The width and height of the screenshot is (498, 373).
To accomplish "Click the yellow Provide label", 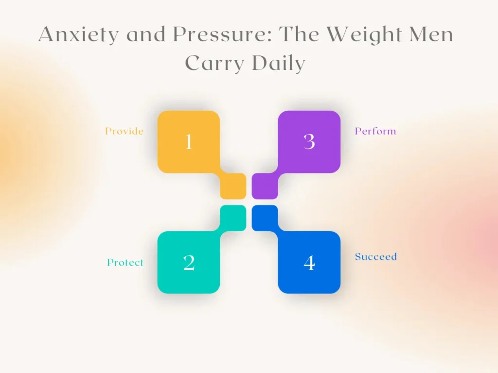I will click(124, 131).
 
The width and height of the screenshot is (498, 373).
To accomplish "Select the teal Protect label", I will click(125, 262).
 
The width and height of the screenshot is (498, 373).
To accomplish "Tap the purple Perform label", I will click(375, 131).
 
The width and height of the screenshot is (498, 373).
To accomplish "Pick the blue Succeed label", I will click(375, 256).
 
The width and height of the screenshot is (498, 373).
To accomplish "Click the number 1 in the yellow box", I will click(189, 142).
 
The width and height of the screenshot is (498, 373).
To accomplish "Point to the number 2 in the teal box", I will click(189, 263).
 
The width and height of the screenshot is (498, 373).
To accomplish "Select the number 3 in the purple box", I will click(309, 142).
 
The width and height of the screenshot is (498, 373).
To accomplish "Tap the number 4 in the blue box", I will click(309, 263).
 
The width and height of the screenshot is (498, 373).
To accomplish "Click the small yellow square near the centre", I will click(233, 186).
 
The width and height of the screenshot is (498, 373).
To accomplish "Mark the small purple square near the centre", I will click(265, 186).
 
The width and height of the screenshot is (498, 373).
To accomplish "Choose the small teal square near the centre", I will click(233, 217).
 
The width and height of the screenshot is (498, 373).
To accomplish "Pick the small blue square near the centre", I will click(265, 217).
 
